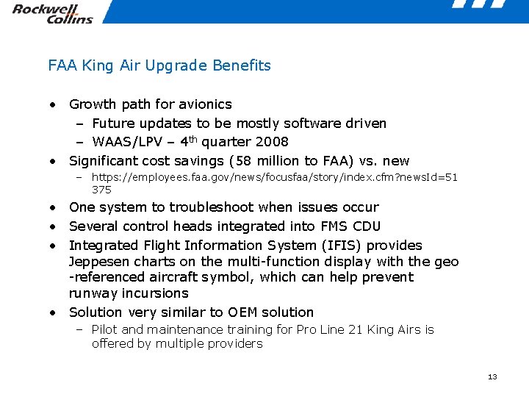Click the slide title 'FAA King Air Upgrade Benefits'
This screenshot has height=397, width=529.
(x=159, y=65)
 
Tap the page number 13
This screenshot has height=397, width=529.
(x=492, y=377)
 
